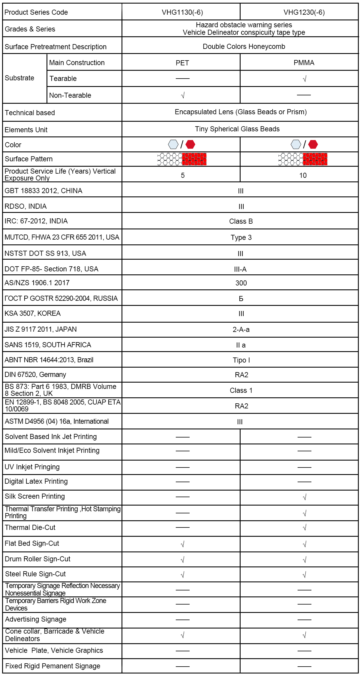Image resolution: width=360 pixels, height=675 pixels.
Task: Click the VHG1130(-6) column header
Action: click(x=182, y=12)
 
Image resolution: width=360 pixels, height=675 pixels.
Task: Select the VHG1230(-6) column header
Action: click(x=304, y=12)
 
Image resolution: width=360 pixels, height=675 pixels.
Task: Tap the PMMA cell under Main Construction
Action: click(x=304, y=63)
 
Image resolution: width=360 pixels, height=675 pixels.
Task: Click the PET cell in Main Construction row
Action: click(x=182, y=63)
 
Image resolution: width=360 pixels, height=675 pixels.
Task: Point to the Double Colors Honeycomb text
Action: click(x=244, y=46)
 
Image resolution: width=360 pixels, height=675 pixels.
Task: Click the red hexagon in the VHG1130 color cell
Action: click(x=190, y=145)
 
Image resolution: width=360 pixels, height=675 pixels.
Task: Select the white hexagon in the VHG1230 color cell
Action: click(x=296, y=145)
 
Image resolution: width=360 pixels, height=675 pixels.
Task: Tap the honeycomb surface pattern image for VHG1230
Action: click(x=303, y=159)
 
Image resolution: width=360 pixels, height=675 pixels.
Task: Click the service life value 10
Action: click(x=303, y=175)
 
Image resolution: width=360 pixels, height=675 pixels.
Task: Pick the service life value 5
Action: click(x=183, y=175)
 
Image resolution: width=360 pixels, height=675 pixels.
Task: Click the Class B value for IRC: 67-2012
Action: click(x=241, y=221)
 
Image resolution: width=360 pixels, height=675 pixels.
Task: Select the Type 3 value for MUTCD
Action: click(x=241, y=237)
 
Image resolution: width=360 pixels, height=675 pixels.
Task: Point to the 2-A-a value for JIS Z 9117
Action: click(x=241, y=330)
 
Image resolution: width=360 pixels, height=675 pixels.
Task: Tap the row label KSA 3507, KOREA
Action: click(x=33, y=313)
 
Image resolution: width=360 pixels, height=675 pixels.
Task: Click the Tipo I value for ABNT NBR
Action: click(x=241, y=360)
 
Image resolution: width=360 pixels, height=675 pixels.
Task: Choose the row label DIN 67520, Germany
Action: click(x=35, y=375)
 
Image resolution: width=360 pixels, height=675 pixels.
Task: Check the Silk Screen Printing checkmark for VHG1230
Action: click(x=304, y=497)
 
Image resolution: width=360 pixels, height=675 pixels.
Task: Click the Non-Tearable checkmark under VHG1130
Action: click(x=183, y=96)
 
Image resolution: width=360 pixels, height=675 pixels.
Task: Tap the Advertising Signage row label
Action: click(x=36, y=619)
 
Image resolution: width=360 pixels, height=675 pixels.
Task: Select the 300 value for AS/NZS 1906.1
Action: click(x=241, y=283)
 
